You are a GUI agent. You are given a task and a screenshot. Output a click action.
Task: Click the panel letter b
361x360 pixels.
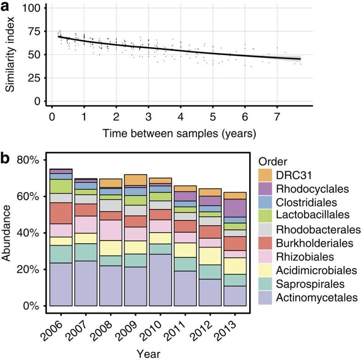tap(6, 159)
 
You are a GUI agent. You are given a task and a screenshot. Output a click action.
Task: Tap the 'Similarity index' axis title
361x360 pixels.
tap(10, 55)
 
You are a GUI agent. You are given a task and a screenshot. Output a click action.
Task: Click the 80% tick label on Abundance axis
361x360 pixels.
tap(31, 160)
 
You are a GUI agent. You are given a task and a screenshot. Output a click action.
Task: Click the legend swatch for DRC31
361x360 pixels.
tap(265, 175)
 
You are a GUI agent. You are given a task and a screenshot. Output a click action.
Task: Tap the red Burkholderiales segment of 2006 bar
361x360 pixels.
tap(61, 213)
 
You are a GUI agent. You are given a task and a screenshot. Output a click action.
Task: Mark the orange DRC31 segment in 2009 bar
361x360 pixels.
tap(135, 180)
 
